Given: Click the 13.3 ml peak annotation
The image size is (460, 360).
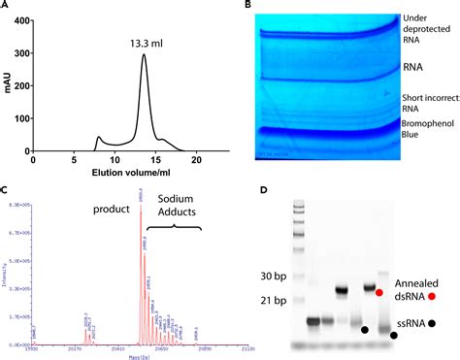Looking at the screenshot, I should tap(148, 42).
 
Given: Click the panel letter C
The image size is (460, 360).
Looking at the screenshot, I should tap(7, 192).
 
